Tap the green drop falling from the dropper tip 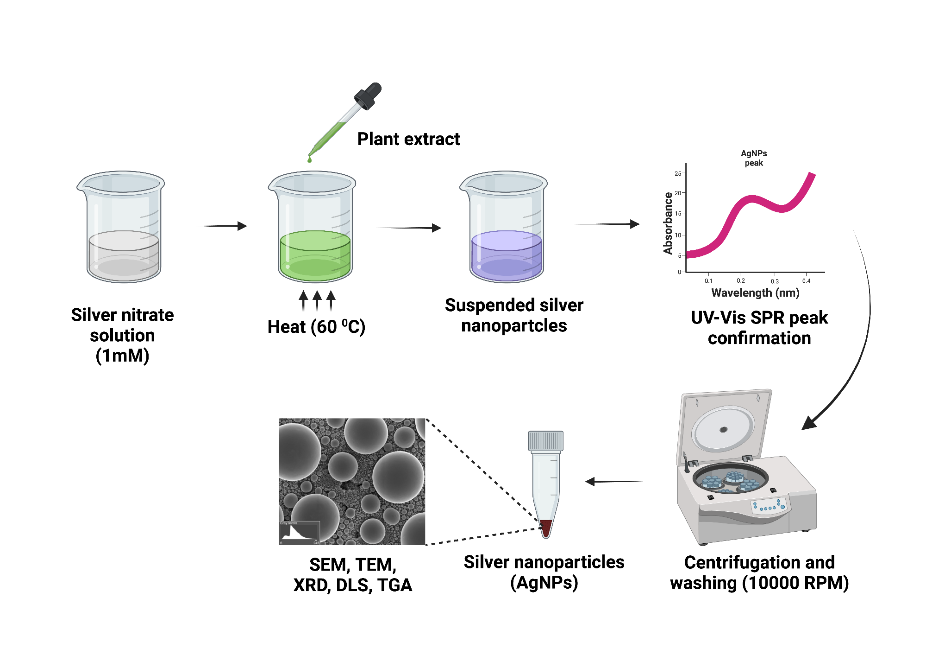pyautogui.click(x=309, y=159)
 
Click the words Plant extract pyautogui.click(x=408, y=139)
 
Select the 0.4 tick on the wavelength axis pyautogui.click(x=806, y=280)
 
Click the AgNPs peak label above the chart pyautogui.click(x=754, y=158)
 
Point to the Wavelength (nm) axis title pyautogui.click(x=755, y=293)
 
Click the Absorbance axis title pyautogui.click(x=668, y=223)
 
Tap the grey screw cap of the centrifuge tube pyautogui.click(x=546, y=441)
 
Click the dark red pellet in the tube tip pyautogui.click(x=546, y=528)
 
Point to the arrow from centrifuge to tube pyautogui.click(x=613, y=482)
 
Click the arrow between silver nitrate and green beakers pyautogui.click(x=215, y=226)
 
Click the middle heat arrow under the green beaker pyautogui.click(x=317, y=300)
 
